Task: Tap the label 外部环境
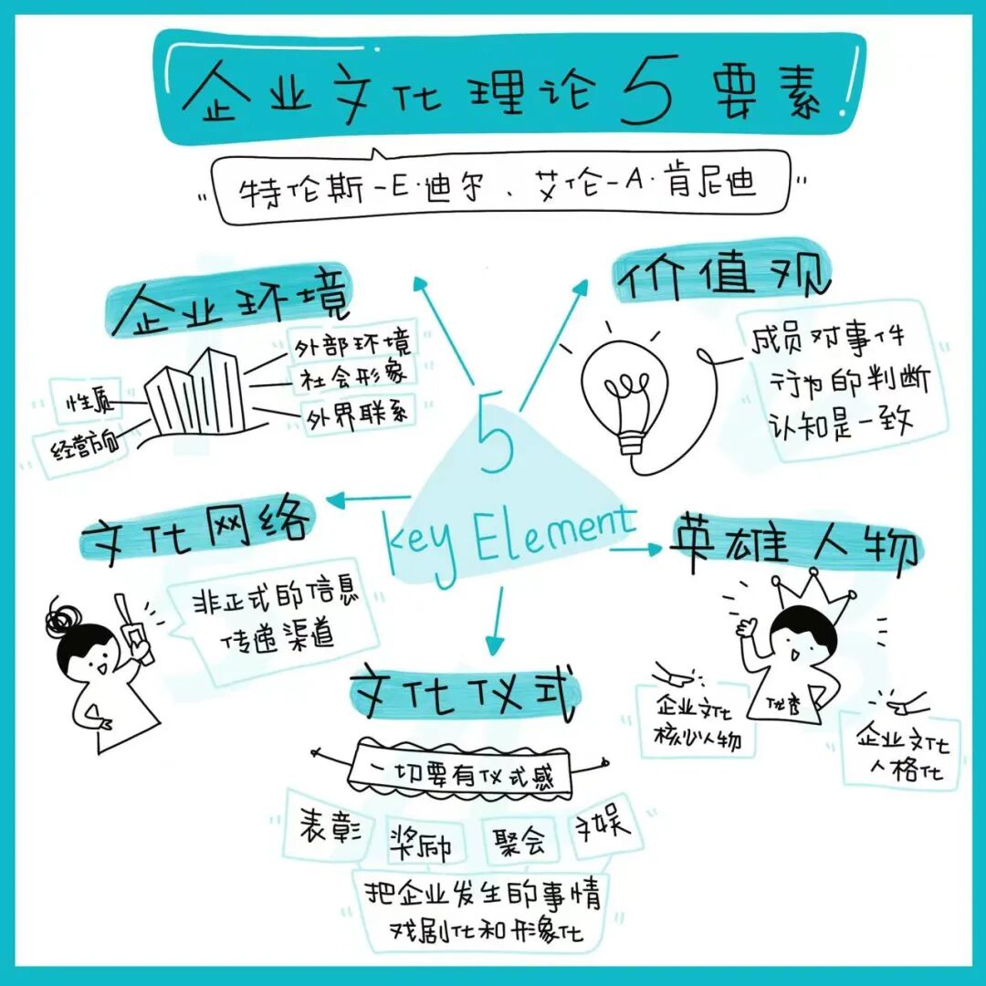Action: [x=351, y=345]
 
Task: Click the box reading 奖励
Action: [x=420, y=840]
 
